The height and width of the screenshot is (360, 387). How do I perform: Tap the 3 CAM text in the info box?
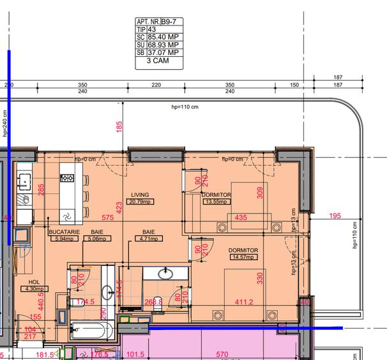[x=158, y=62]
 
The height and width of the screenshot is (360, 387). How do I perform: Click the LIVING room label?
[x=140, y=195]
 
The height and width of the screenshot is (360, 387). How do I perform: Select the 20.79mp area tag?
[x=140, y=202]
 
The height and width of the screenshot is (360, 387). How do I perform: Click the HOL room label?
[x=34, y=281]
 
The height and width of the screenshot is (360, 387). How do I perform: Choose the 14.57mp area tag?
[x=243, y=257]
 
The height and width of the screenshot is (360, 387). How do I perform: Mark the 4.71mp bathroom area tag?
[x=148, y=239]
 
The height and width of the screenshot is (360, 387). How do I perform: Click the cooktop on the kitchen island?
[x=67, y=178]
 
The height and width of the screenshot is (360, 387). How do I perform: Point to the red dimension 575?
[x=107, y=218]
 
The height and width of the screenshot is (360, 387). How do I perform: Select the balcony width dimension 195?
[x=335, y=216]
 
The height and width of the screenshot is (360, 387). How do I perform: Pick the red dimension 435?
[x=241, y=218]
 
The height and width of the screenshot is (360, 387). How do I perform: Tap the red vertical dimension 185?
[x=119, y=127]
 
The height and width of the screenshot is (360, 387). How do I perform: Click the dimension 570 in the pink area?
[x=222, y=354]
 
